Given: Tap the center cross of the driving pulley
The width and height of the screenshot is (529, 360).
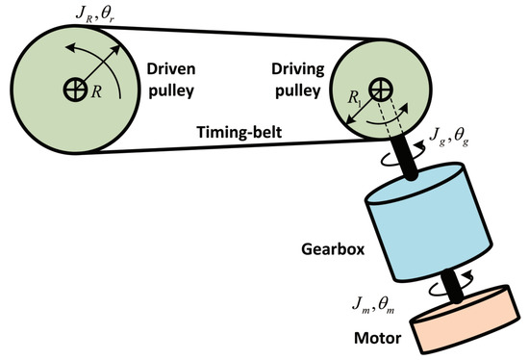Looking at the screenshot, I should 383,90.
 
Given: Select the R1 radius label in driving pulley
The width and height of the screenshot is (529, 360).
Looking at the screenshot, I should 359,96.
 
